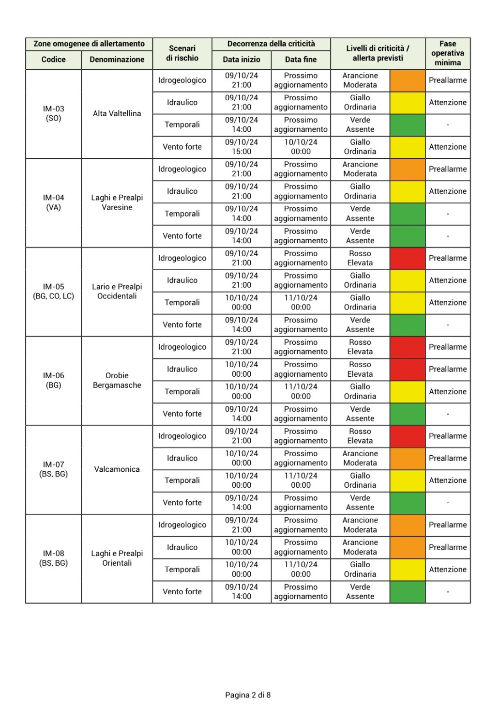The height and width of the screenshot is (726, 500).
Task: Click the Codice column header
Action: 53,60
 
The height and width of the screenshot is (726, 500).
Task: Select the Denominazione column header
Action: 117,60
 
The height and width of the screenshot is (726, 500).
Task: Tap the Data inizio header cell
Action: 241,60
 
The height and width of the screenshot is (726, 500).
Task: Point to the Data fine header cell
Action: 301,60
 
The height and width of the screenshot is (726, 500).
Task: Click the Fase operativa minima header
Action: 448,53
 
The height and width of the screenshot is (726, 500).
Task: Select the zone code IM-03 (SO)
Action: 53,113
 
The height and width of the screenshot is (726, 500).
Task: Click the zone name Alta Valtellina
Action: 117,113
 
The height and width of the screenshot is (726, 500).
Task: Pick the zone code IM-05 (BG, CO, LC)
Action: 53,291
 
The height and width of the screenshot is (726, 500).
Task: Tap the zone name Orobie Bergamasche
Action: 117,380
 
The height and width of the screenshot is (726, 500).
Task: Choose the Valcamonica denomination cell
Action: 117,469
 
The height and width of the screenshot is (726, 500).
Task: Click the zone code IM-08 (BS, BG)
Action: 53,558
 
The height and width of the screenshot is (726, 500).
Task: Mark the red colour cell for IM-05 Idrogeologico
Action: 407,258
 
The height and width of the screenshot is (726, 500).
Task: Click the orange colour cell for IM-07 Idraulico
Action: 407,458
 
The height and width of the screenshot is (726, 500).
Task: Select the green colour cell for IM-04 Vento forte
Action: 407,236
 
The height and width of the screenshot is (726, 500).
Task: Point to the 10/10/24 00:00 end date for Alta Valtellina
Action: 301,147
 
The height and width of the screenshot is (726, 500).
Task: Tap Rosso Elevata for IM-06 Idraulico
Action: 360,369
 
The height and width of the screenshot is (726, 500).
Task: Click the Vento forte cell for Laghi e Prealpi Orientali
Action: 182,591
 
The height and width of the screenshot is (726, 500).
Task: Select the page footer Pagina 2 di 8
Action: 248,695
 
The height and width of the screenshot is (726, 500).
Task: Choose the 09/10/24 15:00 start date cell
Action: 241,147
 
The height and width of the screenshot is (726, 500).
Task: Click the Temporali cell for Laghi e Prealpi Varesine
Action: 182,214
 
